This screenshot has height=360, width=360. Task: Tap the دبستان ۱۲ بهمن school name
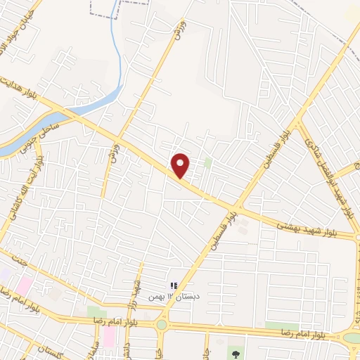(x=173, y=296)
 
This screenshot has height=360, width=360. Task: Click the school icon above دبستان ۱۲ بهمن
(x=173, y=285)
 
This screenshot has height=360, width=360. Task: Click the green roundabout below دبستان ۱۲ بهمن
(x=162, y=325)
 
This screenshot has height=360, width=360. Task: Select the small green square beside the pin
(x=207, y=162)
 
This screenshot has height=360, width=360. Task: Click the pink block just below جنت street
(x=25, y=285)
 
